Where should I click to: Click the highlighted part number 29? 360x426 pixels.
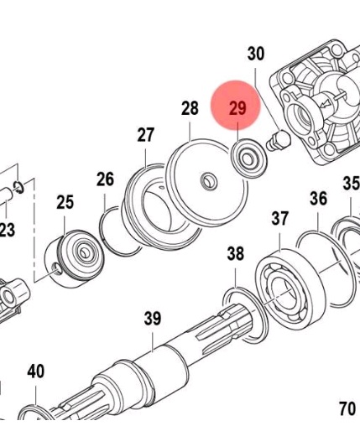[237, 107]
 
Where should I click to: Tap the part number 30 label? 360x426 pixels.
[256, 54]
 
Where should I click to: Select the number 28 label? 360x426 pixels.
[190, 108]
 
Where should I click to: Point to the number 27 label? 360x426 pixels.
[146, 135]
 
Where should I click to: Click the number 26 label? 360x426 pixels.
[105, 179]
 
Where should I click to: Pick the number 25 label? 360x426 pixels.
[65, 202]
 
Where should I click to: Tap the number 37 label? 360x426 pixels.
[279, 218]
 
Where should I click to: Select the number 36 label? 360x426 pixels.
[318, 199]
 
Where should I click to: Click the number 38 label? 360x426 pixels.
[236, 253]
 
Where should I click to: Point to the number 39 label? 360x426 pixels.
[153, 318]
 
